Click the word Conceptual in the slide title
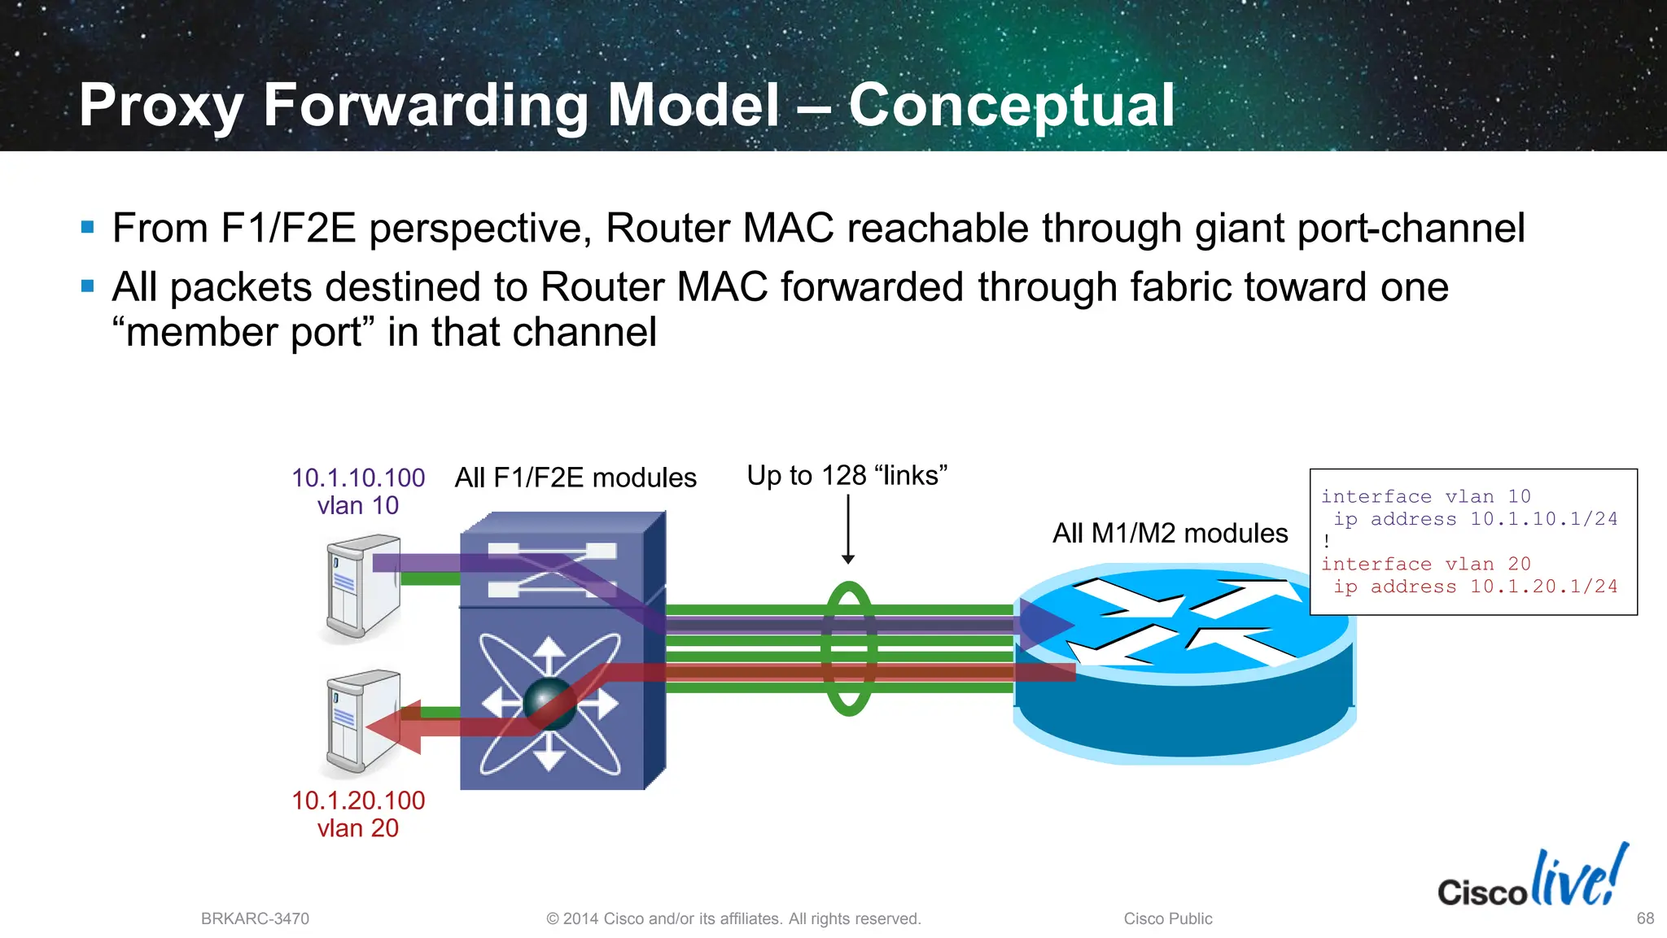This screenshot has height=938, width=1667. point(1011,106)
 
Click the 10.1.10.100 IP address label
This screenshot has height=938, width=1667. point(358,478)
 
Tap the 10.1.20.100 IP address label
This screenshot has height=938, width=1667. point(358,801)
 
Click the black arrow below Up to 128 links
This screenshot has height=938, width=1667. point(847,529)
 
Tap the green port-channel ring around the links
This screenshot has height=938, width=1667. point(848,648)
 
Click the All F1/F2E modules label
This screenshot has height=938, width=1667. point(575,478)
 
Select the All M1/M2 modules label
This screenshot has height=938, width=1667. point(1170,534)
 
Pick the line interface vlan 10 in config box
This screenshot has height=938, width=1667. point(1425,496)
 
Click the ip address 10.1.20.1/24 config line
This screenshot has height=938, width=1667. point(1474,587)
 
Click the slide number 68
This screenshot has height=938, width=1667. point(1644,918)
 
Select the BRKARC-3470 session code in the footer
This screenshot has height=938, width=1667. point(255,919)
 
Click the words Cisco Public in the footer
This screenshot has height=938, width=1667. point(1167,919)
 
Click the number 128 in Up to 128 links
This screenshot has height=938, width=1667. point(843,476)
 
